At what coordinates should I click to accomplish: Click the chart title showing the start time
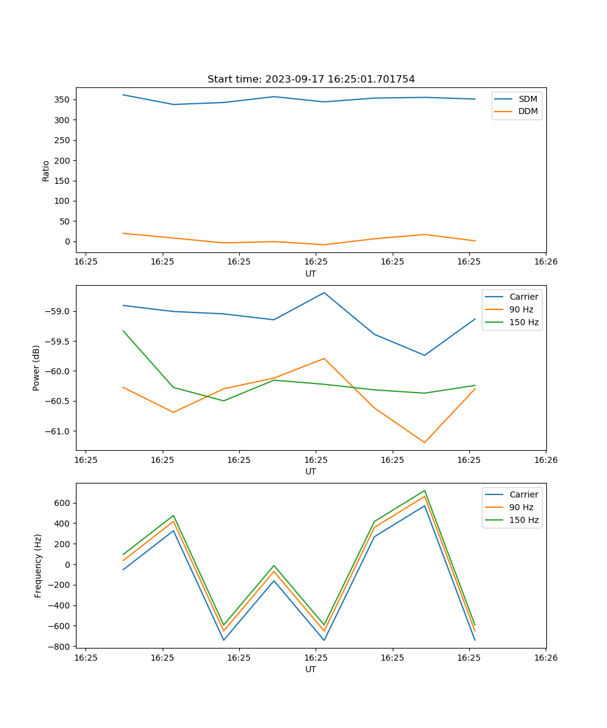[311, 79]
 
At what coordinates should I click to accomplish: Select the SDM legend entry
[527, 99]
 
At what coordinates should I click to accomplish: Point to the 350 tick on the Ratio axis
[63, 99]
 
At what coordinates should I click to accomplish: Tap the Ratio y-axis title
[46, 170]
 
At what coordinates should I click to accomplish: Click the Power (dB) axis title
[36, 368]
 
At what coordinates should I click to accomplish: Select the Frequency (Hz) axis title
[38, 565]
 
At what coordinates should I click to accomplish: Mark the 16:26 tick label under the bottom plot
[546, 658]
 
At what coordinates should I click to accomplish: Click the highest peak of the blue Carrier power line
[324, 292]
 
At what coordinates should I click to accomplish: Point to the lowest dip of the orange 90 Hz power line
[424, 442]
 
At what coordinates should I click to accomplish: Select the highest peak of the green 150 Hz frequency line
[424, 490]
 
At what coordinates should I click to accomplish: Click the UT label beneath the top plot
[311, 274]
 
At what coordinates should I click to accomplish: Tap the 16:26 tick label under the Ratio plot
[546, 262]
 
